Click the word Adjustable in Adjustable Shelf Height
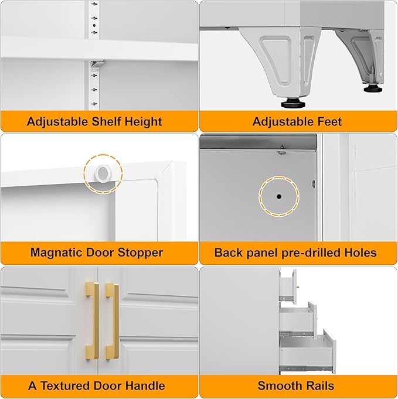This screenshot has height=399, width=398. [56, 122]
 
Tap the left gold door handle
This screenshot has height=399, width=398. [92, 320]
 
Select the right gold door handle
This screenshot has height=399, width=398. [112, 320]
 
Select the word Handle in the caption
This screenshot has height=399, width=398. [143, 386]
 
